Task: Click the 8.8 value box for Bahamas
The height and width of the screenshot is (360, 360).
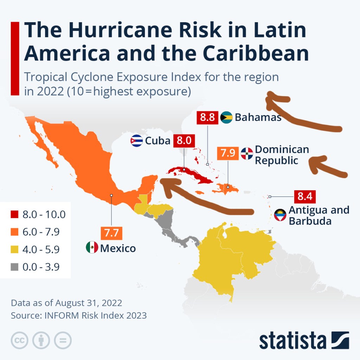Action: point(207,117)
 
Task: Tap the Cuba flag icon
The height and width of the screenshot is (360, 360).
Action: point(136,141)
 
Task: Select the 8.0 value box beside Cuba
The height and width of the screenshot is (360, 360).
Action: point(184,141)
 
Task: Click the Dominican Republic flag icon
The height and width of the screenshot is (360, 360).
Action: point(247,153)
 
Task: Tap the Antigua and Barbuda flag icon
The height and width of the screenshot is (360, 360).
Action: point(280,215)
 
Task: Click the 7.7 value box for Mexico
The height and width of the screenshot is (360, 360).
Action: point(111,232)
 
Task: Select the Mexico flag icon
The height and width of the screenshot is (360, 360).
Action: point(92,247)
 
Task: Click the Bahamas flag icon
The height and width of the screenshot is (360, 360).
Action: point(226,117)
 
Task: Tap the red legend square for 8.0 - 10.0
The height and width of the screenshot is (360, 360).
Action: point(14,214)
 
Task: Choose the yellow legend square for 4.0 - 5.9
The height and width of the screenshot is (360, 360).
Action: point(14,250)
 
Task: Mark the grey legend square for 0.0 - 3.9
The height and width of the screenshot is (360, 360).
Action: point(14,267)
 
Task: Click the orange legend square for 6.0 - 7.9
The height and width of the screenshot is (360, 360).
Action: point(14,232)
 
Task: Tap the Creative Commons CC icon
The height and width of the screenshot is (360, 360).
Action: point(20,340)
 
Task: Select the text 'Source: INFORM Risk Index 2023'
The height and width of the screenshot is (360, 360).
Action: point(78,315)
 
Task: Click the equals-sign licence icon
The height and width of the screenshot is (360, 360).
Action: point(63,340)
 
